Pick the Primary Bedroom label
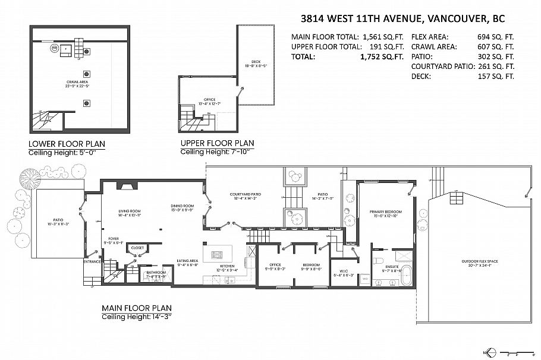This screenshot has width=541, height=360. click(x=386, y=211)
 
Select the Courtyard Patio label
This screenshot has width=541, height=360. click(x=246, y=194)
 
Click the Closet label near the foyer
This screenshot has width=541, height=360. click(x=137, y=248)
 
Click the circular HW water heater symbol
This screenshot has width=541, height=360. click(x=55, y=48)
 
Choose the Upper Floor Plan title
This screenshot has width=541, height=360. click(x=217, y=143)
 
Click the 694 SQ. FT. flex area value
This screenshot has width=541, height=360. click(x=496, y=36)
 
